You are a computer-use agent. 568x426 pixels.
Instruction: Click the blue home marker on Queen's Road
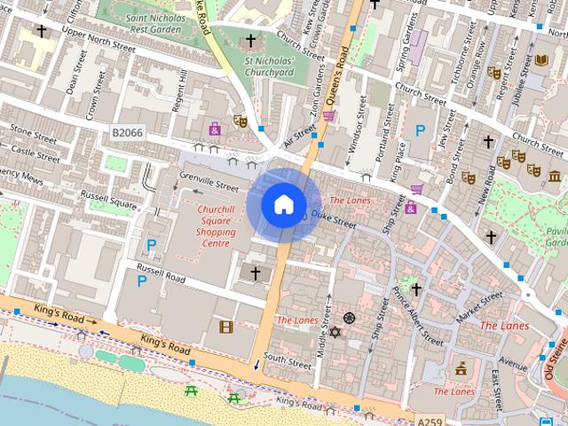pos(283,204)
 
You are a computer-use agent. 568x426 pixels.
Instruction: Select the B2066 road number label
pos(127,132)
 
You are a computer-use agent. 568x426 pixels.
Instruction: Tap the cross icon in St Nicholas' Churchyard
pos(250,41)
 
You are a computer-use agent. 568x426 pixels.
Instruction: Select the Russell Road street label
pos(160,278)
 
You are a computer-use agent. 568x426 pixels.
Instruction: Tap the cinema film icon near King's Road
pos(225,327)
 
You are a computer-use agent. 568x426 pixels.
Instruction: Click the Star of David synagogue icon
pos(335,333)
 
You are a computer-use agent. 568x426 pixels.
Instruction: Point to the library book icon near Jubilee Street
pos(541,59)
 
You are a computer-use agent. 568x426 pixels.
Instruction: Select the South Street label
pos(287,359)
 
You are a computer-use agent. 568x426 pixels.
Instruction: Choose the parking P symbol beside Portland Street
pos(420,130)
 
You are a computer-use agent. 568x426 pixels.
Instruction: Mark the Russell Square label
pos(108,198)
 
